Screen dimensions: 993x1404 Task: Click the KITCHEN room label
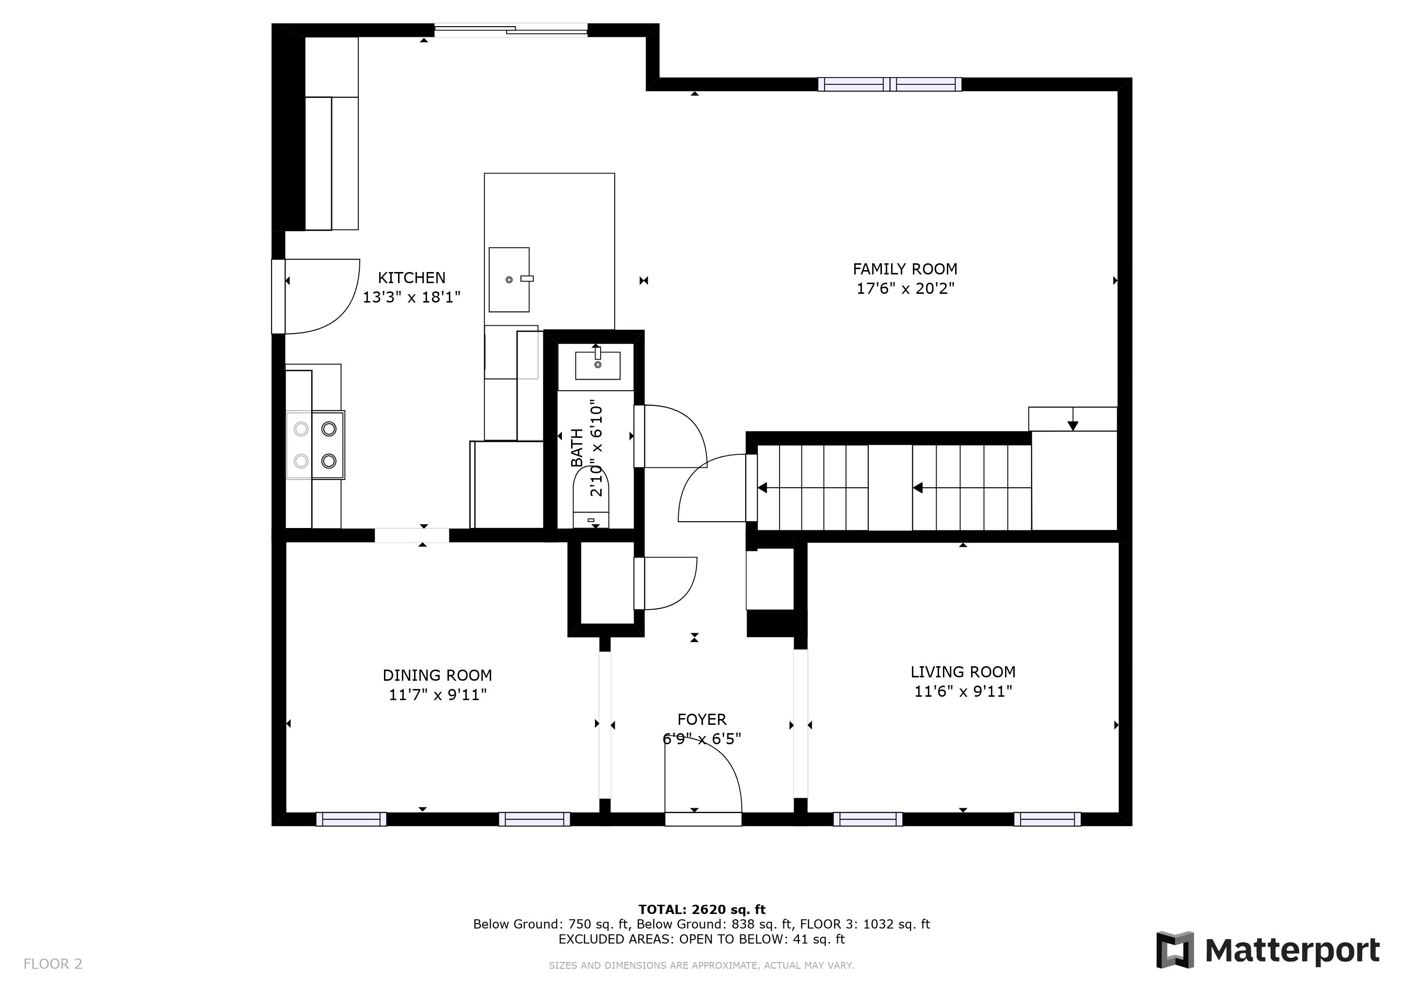[411, 278]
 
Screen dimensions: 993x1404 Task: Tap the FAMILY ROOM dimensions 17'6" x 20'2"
[905, 288]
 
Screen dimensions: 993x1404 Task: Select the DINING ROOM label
[437, 675]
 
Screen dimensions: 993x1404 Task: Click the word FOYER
[702, 719]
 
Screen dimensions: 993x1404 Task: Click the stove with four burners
[316, 445]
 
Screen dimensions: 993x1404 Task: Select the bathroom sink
[597, 365]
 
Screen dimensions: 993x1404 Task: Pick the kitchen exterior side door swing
[321, 297]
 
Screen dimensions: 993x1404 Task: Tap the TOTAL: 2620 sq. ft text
[702, 909]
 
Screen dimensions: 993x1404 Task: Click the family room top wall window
[889, 84]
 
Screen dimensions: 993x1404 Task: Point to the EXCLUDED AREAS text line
[702, 939]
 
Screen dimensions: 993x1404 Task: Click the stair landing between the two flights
[890, 487]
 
